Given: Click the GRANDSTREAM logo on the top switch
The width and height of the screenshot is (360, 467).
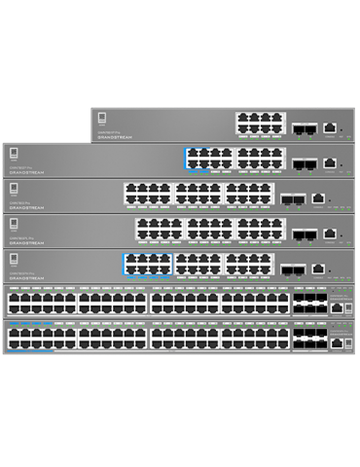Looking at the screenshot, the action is click(x=116, y=137).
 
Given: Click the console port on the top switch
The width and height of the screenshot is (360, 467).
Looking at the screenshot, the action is click(x=331, y=126).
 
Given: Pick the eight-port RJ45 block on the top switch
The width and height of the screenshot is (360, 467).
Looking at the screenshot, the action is click(x=259, y=125).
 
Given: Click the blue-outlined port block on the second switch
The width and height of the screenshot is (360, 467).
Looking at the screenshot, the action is click(x=208, y=159).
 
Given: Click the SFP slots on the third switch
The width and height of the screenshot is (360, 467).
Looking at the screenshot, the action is click(x=292, y=198).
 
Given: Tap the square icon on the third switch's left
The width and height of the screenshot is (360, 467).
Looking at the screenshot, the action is click(x=14, y=190).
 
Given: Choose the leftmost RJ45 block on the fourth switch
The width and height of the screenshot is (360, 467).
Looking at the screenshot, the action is click(x=159, y=229).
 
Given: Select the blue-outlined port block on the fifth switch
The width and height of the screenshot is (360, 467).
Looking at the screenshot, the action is click(x=147, y=264).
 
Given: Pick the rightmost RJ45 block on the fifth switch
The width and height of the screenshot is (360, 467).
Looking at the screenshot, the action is click(x=249, y=264).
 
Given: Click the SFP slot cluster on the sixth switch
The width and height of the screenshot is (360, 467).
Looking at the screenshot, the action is click(x=309, y=303).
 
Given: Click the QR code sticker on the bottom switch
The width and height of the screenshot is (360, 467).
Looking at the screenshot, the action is click(x=348, y=342).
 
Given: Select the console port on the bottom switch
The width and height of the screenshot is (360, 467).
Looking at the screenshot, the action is click(x=336, y=342).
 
